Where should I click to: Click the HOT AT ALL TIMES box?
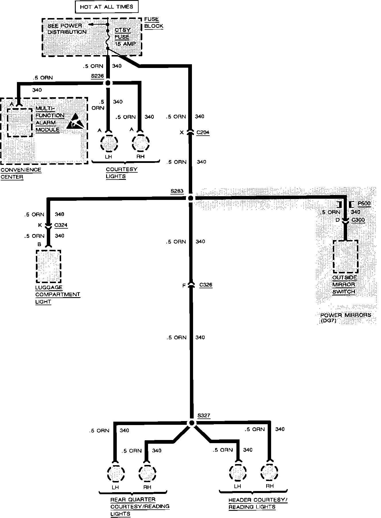click(106, 7)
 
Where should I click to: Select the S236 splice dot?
click(108, 83)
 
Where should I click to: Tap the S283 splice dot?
click(191, 198)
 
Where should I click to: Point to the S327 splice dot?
click(192, 423)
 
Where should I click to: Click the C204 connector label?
click(203, 133)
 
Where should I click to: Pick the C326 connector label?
click(206, 285)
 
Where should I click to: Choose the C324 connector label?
click(61, 225)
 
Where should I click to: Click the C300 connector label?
click(358, 220)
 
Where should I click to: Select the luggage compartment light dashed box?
click(48, 266)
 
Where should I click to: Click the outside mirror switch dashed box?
click(345, 256)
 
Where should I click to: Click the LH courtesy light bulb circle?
click(109, 143)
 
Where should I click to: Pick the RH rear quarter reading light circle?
click(147, 473)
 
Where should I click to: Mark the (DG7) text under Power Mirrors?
click(328, 321)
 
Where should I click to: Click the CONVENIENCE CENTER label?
click(21, 173)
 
